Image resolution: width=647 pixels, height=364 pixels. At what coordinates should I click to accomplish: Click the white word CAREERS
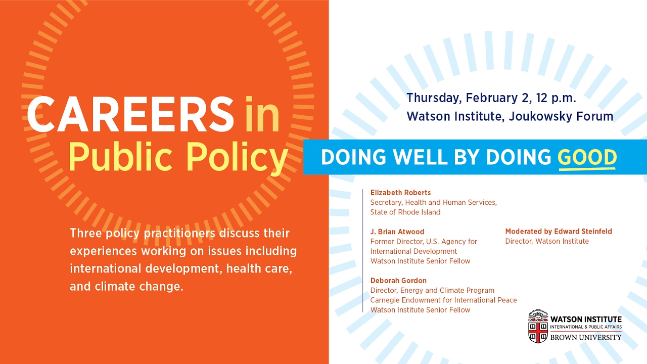pos(130,114)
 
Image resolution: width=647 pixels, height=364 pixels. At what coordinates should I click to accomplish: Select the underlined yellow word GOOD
pos(587,157)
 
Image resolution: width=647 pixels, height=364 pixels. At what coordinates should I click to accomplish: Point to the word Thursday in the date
pos(433,99)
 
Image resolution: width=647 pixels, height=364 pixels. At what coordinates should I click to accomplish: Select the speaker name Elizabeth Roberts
pos(400,193)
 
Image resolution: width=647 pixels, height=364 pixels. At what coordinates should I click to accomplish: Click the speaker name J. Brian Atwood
pos(397,232)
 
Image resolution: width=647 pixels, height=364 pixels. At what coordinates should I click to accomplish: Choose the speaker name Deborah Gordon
pos(398,281)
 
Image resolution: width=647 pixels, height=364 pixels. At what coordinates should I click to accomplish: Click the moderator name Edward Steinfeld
pos(583,232)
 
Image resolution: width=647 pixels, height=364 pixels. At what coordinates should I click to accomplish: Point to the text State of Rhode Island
pos(405,212)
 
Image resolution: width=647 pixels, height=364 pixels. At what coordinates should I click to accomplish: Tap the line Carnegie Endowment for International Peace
pos(443,300)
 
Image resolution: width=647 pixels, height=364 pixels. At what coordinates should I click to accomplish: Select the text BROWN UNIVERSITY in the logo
pos(586,337)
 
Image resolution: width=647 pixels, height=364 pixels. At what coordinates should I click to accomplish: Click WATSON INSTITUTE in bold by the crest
pos(586,319)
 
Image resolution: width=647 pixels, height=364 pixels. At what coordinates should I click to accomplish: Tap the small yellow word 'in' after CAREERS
pos(262,114)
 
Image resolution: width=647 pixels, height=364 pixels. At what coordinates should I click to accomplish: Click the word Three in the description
pos(85,234)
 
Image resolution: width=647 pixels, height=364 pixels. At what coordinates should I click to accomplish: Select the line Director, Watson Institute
pos(547,241)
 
